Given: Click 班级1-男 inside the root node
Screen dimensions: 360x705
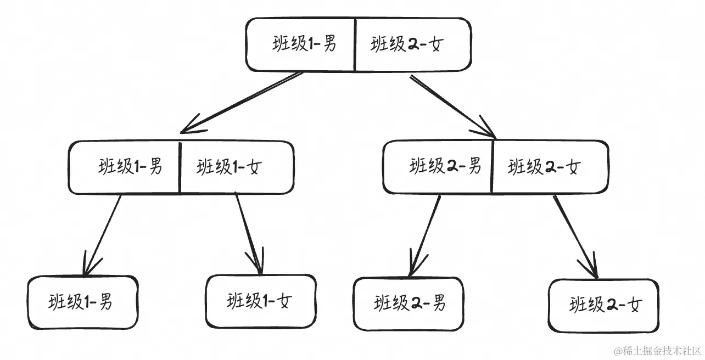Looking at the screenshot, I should point(301,44).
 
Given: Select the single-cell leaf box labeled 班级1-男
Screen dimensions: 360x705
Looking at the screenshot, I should point(82,302).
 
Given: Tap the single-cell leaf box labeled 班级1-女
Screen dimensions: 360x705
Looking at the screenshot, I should point(260,301).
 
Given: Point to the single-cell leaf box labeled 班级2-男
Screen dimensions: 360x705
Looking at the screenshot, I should point(409,303).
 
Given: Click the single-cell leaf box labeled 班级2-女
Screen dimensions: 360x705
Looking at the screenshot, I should point(603,305).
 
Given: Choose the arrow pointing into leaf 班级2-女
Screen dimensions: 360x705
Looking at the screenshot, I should point(574,236).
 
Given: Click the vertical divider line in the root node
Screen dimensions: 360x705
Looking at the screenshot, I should point(355,44).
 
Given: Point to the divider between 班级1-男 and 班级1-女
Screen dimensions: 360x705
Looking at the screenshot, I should point(180,167).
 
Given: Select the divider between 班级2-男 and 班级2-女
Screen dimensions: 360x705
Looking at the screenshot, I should point(493,166).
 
